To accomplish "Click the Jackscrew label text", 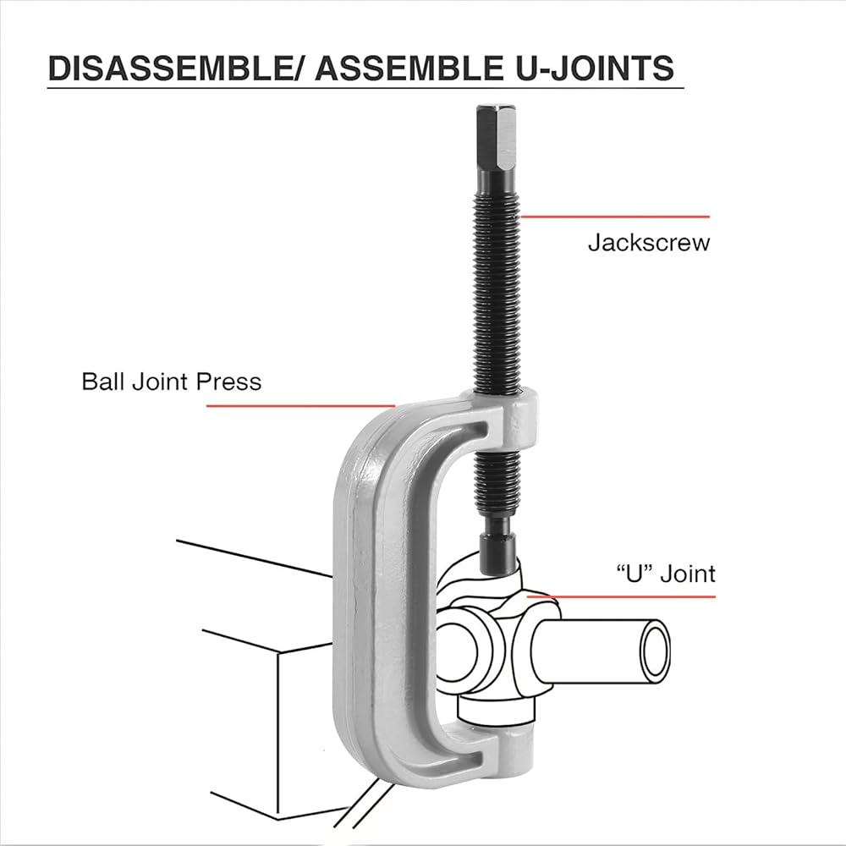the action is (649, 243).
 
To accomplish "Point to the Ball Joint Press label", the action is (172, 381).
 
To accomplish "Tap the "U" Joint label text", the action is (665, 574).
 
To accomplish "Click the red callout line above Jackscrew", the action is (614, 217).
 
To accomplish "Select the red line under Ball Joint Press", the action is (300, 406).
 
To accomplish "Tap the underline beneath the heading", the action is (364, 88).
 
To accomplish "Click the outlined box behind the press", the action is (254, 719).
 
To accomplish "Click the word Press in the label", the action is (233, 381).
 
